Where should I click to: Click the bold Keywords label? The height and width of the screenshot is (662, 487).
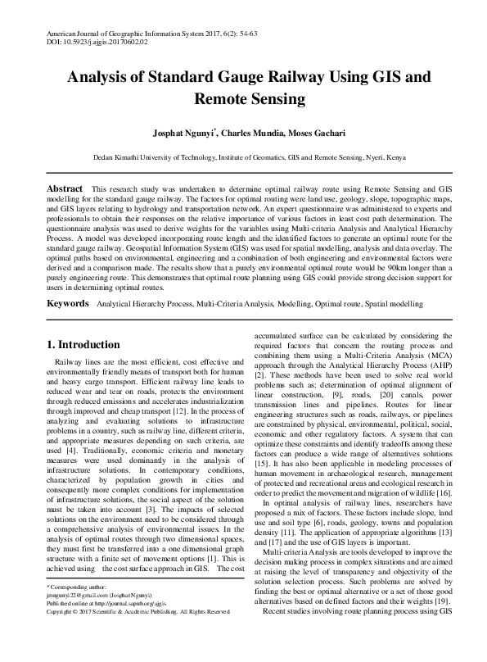click(67, 303)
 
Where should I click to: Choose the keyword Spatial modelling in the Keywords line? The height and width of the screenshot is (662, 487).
click(393, 303)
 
